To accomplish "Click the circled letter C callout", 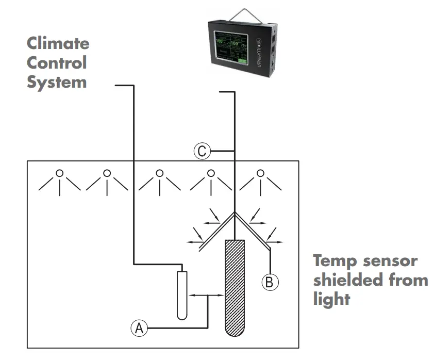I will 202,151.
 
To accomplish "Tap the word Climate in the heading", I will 58,43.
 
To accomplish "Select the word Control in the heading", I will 57,63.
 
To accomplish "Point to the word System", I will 57,82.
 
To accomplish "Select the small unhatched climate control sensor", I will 181,295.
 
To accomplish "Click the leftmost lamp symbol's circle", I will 60,173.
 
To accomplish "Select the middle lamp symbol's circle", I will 160,173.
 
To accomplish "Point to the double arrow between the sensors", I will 206,295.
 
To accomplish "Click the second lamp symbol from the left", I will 107,173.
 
